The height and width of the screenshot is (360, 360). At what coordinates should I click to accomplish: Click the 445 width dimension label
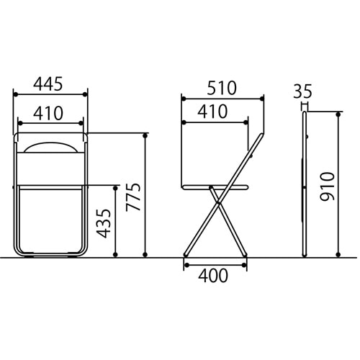(48, 84)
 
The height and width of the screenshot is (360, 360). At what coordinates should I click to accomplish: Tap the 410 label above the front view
(48, 113)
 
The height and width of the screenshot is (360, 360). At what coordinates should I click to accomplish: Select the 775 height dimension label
(133, 197)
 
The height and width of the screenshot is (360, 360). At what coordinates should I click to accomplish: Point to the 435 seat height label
(104, 223)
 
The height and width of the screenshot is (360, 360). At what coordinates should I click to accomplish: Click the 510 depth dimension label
(222, 88)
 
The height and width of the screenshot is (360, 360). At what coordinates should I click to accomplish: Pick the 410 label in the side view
(212, 112)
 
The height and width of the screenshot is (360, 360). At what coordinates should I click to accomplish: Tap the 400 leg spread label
(213, 276)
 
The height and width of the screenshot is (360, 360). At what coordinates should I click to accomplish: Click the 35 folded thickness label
(302, 91)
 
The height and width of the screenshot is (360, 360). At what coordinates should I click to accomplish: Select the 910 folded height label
(328, 186)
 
